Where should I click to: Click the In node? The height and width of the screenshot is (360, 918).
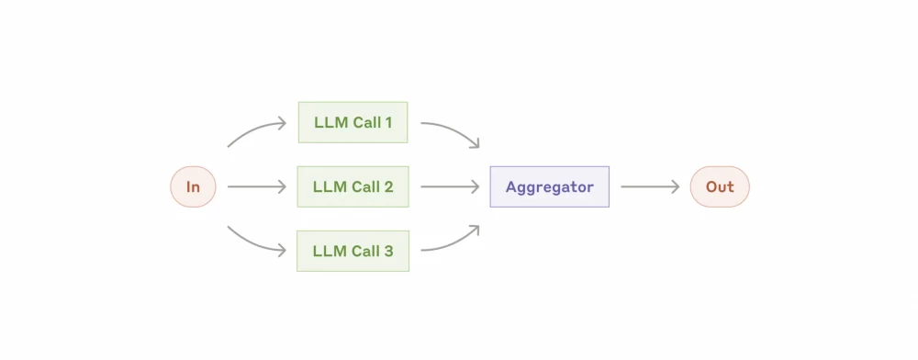click(193, 186)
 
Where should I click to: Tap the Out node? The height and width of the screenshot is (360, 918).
click(720, 186)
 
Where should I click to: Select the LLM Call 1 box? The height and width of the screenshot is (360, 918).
click(353, 122)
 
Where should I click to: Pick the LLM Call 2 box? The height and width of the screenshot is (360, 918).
click(353, 186)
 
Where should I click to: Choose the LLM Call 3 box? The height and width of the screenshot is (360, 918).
click(353, 251)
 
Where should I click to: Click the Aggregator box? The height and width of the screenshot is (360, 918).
click(549, 186)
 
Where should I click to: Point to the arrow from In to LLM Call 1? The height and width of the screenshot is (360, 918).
click(256, 130)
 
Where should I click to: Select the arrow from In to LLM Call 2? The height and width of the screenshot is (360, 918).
click(257, 186)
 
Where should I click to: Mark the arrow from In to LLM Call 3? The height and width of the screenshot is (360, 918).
click(256, 242)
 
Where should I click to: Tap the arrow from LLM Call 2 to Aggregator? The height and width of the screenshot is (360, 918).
click(450, 186)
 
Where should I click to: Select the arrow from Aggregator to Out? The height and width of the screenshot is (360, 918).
click(650, 186)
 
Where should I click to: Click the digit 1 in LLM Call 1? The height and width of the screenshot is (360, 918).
click(389, 122)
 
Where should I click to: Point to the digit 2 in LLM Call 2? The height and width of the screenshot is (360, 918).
click(388, 186)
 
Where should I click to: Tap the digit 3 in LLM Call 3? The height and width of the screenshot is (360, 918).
click(388, 251)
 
